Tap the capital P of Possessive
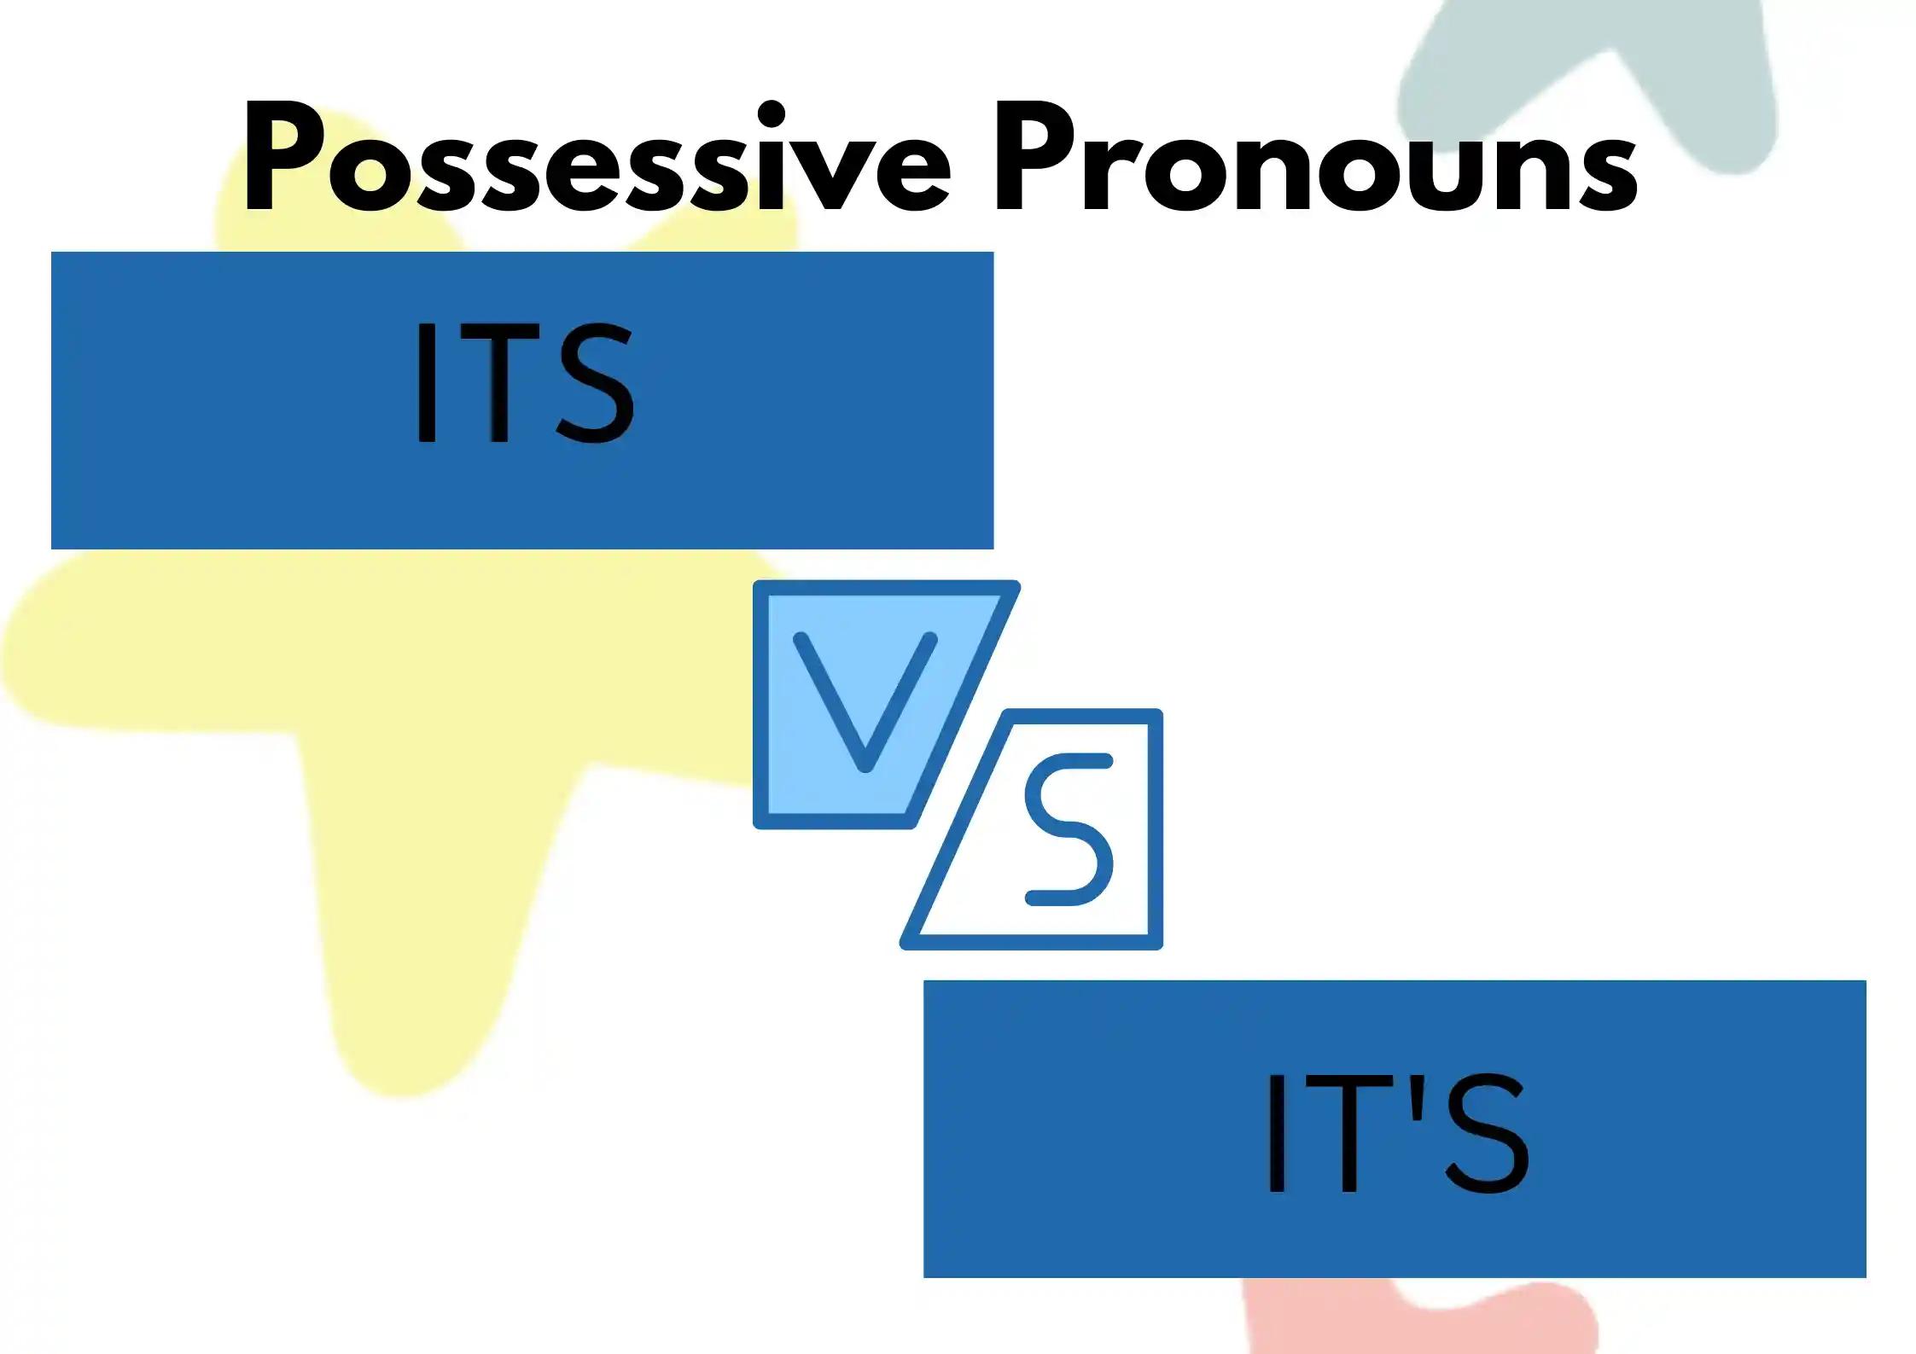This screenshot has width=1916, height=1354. (285, 155)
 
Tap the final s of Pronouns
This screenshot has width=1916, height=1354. (1605, 171)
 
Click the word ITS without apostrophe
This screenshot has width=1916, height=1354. (525, 383)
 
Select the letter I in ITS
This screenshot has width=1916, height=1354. (427, 383)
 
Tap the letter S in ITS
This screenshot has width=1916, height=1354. (596, 383)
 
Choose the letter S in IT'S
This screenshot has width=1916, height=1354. (1486, 1133)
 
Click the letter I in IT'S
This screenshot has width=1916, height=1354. (1277, 1133)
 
